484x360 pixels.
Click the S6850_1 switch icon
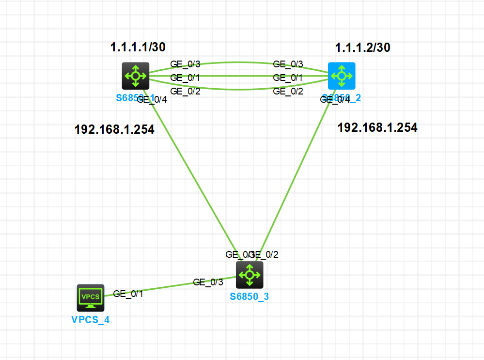(135, 76)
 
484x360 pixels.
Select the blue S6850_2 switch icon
(342, 76)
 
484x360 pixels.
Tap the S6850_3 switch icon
(250, 275)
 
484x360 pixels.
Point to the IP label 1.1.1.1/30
(138, 47)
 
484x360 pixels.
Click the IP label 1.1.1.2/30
(363, 47)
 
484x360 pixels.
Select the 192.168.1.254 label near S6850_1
(114, 129)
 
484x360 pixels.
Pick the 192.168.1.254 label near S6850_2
(377, 127)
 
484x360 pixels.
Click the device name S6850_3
(249, 297)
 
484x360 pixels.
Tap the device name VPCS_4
(91, 320)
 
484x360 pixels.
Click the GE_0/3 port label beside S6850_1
(186, 64)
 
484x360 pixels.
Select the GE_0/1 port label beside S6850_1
(186, 78)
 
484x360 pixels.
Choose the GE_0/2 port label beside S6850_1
(186, 91)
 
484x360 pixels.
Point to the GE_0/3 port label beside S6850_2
(288, 64)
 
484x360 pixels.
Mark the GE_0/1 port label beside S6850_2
(288, 78)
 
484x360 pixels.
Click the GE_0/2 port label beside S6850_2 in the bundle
(288, 91)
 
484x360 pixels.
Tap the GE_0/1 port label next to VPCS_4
(128, 294)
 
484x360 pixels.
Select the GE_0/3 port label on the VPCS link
(208, 282)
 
